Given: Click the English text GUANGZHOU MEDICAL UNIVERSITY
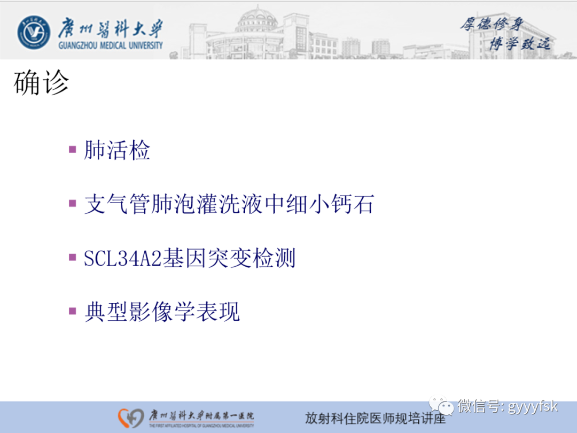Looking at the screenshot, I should (x=111, y=45).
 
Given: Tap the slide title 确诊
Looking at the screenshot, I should (x=42, y=83).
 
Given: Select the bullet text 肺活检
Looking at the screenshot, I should (x=117, y=151).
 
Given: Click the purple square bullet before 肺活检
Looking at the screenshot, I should (x=73, y=149).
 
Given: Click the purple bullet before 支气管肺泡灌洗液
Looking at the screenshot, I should (x=73, y=203).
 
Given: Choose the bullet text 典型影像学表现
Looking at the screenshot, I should (x=162, y=313).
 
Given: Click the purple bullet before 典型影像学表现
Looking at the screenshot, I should (x=73, y=311).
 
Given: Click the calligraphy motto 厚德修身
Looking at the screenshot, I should (x=492, y=24).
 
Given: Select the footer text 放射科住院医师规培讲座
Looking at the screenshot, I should (x=375, y=418).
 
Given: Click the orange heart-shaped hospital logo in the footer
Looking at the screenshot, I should (x=131, y=417).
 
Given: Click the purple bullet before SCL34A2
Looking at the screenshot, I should (x=73, y=257).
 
